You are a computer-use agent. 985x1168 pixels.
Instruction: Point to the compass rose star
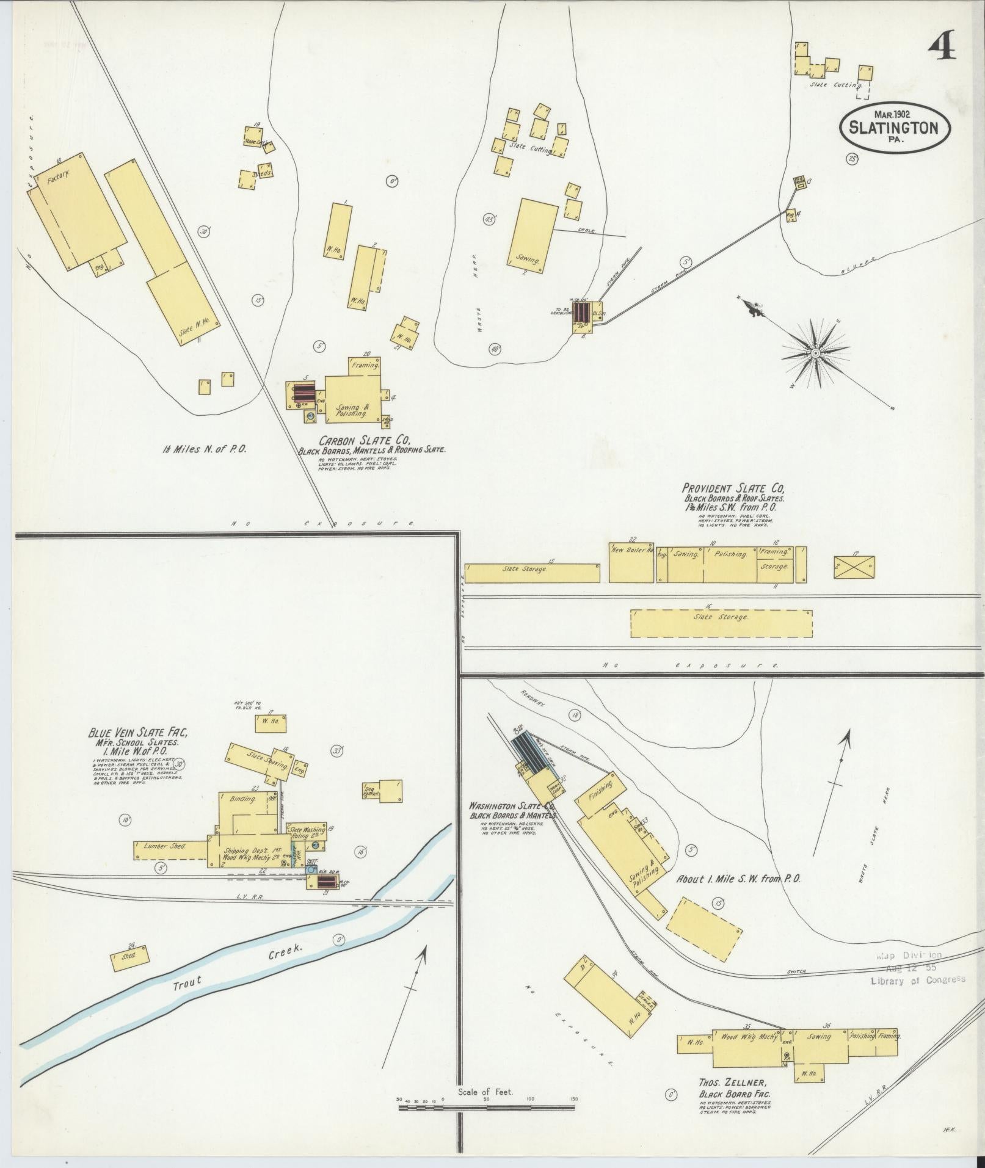pos(815,353)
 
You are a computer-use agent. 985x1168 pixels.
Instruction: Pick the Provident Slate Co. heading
pos(733,488)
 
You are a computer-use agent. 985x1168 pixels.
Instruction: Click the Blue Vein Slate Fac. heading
pos(137,733)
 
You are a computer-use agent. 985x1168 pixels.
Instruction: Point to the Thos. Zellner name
pos(734,1083)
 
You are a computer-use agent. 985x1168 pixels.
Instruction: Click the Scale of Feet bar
pos(487,1106)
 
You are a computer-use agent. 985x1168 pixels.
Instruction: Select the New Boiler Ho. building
pos(631,562)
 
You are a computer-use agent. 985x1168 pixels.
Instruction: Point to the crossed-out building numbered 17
pos(854,567)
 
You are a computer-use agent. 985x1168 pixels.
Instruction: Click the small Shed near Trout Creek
pos(129,957)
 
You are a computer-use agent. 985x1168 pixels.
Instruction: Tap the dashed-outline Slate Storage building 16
pos(721,623)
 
